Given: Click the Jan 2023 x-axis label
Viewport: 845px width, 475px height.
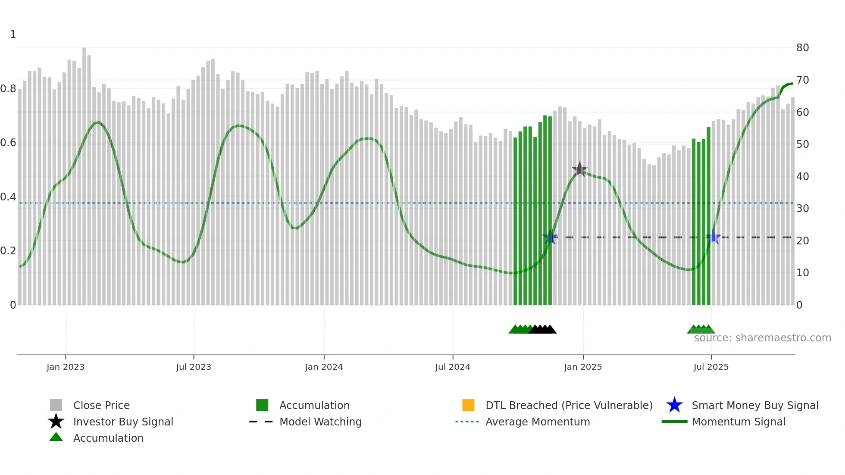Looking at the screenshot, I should tap(66, 367).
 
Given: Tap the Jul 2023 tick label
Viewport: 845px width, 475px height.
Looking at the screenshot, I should tap(194, 367).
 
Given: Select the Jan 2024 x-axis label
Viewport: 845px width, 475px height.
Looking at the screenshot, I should tap(324, 367).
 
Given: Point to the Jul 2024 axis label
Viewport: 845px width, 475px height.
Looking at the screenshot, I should tap(453, 367).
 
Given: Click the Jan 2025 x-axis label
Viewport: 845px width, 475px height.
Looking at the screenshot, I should tap(583, 367).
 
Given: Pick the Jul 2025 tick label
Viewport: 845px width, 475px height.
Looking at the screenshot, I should tap(711, 367).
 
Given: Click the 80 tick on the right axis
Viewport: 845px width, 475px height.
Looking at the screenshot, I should tap(802, 48).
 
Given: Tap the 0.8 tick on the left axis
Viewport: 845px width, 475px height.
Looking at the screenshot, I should tap(8, 89).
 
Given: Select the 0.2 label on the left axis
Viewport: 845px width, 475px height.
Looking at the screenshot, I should tap(8, 251).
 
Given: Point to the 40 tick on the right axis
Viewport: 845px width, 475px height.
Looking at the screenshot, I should tap(802, 176).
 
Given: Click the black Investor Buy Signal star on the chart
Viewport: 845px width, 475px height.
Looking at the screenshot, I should tap(580, 169).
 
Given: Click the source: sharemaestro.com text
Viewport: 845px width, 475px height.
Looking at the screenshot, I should tap(762, 338).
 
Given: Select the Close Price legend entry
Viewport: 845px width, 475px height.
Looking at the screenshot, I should tap(101, 405).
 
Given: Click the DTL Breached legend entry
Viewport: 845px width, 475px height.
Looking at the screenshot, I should tap(569, 405).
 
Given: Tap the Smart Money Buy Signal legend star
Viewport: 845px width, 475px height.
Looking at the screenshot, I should tap(674, 405).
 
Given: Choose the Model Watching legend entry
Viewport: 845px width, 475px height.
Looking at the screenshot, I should tap(320, 422).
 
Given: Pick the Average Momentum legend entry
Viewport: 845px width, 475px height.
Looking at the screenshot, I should tap(538, 422).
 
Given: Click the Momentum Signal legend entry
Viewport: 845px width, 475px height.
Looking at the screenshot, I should tap(739, 422).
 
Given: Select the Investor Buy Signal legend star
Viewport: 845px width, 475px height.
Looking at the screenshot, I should tap(56, 422).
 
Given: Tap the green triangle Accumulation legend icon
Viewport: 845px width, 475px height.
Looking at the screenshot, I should tap(56, 437).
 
